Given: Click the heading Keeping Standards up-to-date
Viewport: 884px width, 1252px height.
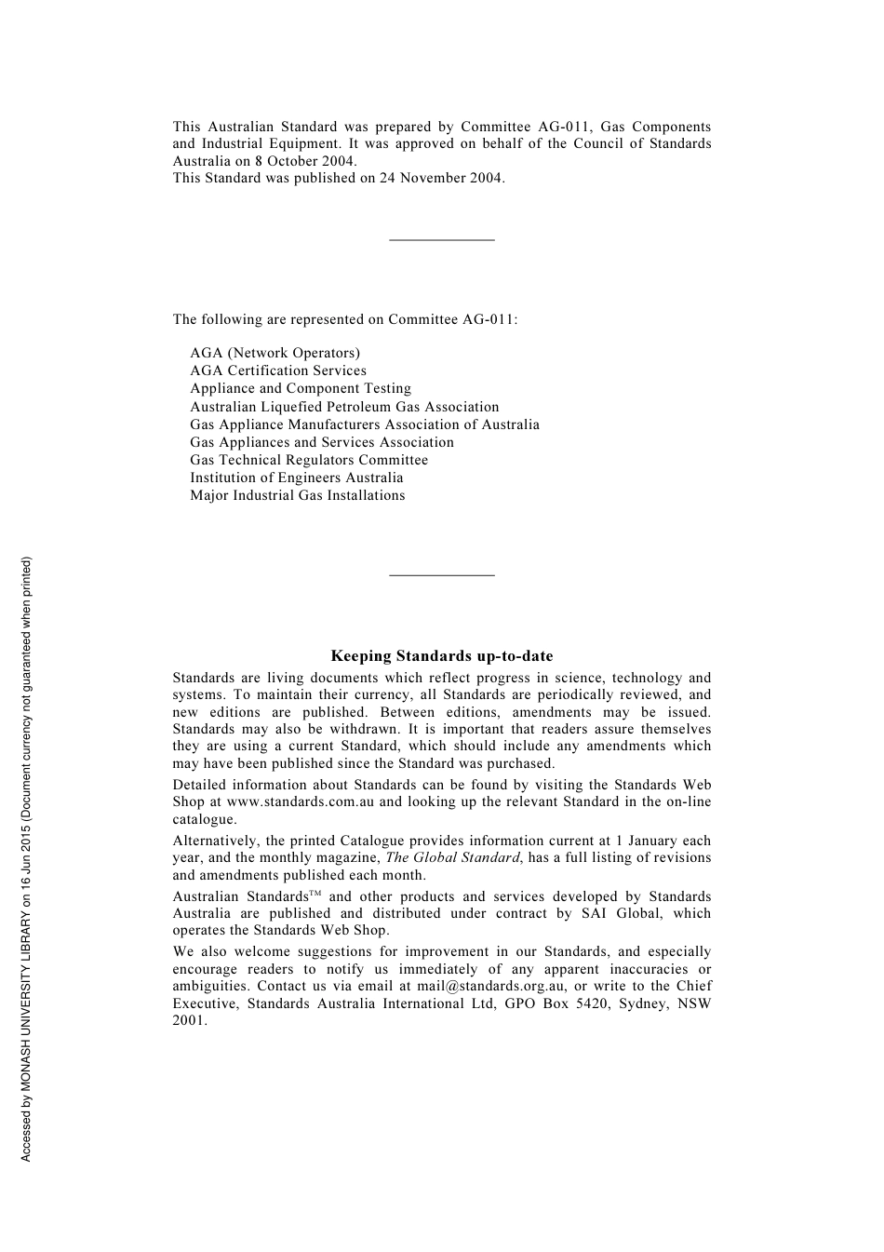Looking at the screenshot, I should click(441, 656).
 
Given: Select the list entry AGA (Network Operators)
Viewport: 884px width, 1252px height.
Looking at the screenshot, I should click(275, 353).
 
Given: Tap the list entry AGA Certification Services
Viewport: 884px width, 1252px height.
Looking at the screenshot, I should click(278, 370).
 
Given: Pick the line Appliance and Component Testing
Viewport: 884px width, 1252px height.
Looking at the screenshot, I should click(301, 388).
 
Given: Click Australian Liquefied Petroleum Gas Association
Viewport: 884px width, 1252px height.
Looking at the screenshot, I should click(344, 407).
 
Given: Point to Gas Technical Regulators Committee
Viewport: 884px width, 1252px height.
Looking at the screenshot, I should click(309, 460).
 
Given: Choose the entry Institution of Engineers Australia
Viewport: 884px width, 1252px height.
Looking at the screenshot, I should click(297, 478).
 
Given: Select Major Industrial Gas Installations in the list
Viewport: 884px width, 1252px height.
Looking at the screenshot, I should click(298, 495).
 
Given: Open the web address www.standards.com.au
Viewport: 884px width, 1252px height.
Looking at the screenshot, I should click(300, 801).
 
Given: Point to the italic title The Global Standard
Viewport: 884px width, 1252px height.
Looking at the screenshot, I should click(452, 857).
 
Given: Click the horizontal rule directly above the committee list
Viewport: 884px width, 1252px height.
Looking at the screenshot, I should click(441, 240).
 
